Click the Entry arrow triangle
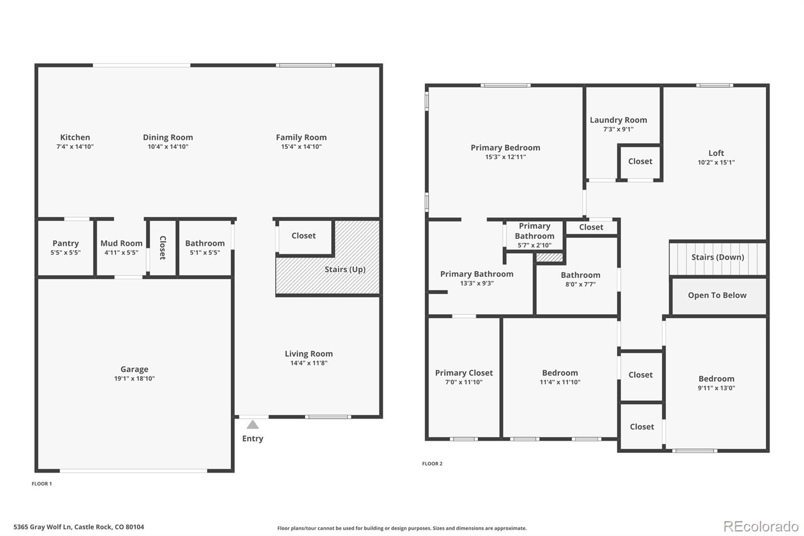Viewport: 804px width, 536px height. (x=253, y=425)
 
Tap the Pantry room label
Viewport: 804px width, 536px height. (x=65, y=243)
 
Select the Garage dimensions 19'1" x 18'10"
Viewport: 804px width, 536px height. (x=134, y=379)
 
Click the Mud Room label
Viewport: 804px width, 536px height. (x=121, y=243)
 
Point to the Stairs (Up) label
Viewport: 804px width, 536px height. (x=345, y=269)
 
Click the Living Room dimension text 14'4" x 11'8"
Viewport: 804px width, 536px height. (x=309, y=363)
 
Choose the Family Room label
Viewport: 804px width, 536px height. (x=301, y=137)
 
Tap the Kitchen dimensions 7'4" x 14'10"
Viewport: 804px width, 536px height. (x=75, y=147)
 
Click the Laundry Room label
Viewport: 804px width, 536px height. (x=618, y=120)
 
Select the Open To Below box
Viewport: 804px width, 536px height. (x=717, y=296)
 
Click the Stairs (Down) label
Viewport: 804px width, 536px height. (x=717, y=257)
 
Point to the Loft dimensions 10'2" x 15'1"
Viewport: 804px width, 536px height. (x=716, y=162)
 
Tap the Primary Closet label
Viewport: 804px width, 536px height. (x=464, y=373)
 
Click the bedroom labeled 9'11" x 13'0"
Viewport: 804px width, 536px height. (x=716, y=379)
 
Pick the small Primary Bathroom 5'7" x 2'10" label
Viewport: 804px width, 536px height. (x=534, y=231)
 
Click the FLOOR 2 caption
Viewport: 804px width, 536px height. (x=432, y=464)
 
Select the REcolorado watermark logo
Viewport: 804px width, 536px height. (x=761, y=526)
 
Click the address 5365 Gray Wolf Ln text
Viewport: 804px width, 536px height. (x=78, y=527)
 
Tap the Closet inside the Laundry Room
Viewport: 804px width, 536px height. (x=640, y=161)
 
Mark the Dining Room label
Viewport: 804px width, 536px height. (x=168, y=137)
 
